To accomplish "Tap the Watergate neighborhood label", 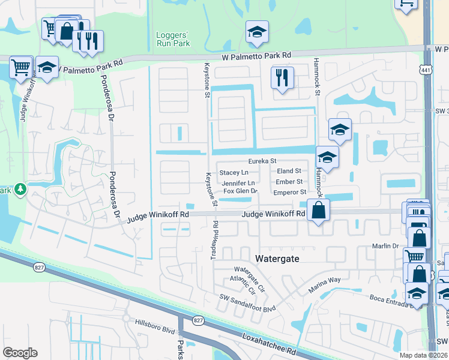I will (278, 259).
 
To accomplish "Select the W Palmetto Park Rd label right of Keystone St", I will (256, 56).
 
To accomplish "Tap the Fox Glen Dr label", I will (240, 191).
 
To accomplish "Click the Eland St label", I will (289, 171).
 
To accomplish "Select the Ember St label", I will (289, 182).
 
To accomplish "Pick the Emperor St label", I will (290, 192).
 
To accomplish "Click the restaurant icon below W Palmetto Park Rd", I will (280, 77).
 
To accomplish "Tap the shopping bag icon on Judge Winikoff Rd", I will (318, 210).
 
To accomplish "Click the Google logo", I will (20, 353).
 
